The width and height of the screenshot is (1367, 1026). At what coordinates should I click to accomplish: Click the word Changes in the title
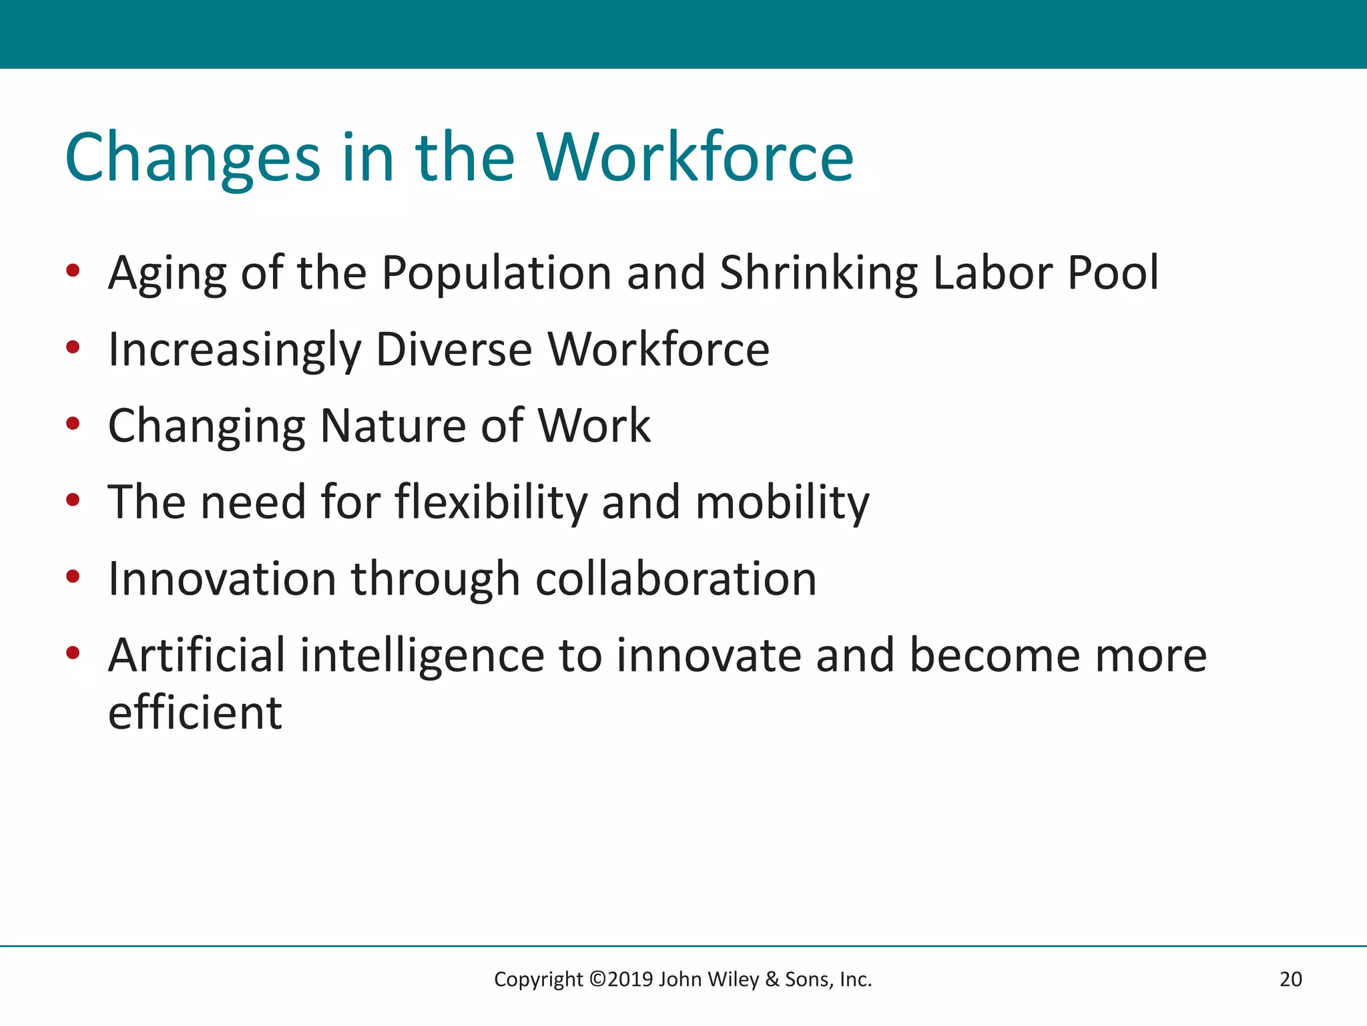tap(193, 158)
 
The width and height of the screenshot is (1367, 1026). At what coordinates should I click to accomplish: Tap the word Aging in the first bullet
tap(167, 274)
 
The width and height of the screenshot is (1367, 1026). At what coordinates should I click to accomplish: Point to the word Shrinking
tap(818, 274)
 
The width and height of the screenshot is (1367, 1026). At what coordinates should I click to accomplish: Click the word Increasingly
tap(234, 351)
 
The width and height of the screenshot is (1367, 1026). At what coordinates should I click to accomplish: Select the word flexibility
tap(491, 502)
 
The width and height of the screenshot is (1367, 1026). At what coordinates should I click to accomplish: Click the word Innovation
tap(222, 578)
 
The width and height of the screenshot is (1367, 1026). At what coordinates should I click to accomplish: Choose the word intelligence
tap(422, 655)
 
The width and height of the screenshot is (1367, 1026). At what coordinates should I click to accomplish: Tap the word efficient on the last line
tap(195, 713)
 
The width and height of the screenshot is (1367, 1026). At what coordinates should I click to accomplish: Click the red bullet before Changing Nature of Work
tap(73, 423)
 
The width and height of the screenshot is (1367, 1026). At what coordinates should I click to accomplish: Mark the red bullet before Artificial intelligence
tap(73, 653)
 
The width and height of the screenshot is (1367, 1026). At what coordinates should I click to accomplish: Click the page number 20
tap(1290, 979)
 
